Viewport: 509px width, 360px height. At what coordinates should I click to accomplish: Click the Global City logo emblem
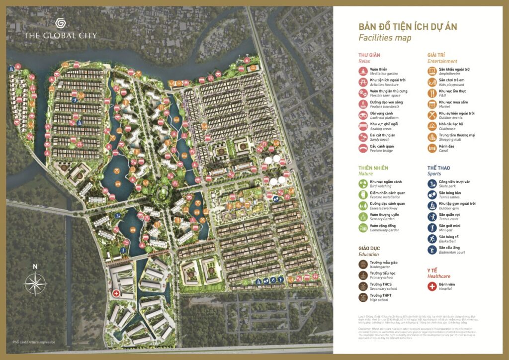click(x=60, y=24)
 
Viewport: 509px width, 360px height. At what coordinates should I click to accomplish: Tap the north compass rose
click(x=35, y=284)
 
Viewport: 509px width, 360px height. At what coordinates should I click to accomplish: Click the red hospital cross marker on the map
click(x=116, y=294)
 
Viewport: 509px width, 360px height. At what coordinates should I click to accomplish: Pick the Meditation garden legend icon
click(x=363, y=71)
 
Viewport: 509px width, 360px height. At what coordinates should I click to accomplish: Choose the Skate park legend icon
click(x=432, y=184)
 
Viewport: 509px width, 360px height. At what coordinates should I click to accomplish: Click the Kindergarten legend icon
click(x=363, y=264)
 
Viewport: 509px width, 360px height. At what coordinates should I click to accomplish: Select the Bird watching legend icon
click(x=363, y=184)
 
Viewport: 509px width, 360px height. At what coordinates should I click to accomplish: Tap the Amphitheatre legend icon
click(x=432, y=71)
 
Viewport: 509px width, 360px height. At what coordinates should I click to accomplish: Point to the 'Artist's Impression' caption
click(x=34, y=343)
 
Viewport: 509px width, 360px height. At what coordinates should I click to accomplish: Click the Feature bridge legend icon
click(x=363, y=148)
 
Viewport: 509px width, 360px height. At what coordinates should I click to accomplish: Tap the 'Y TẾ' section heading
click(x=433, y=270)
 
